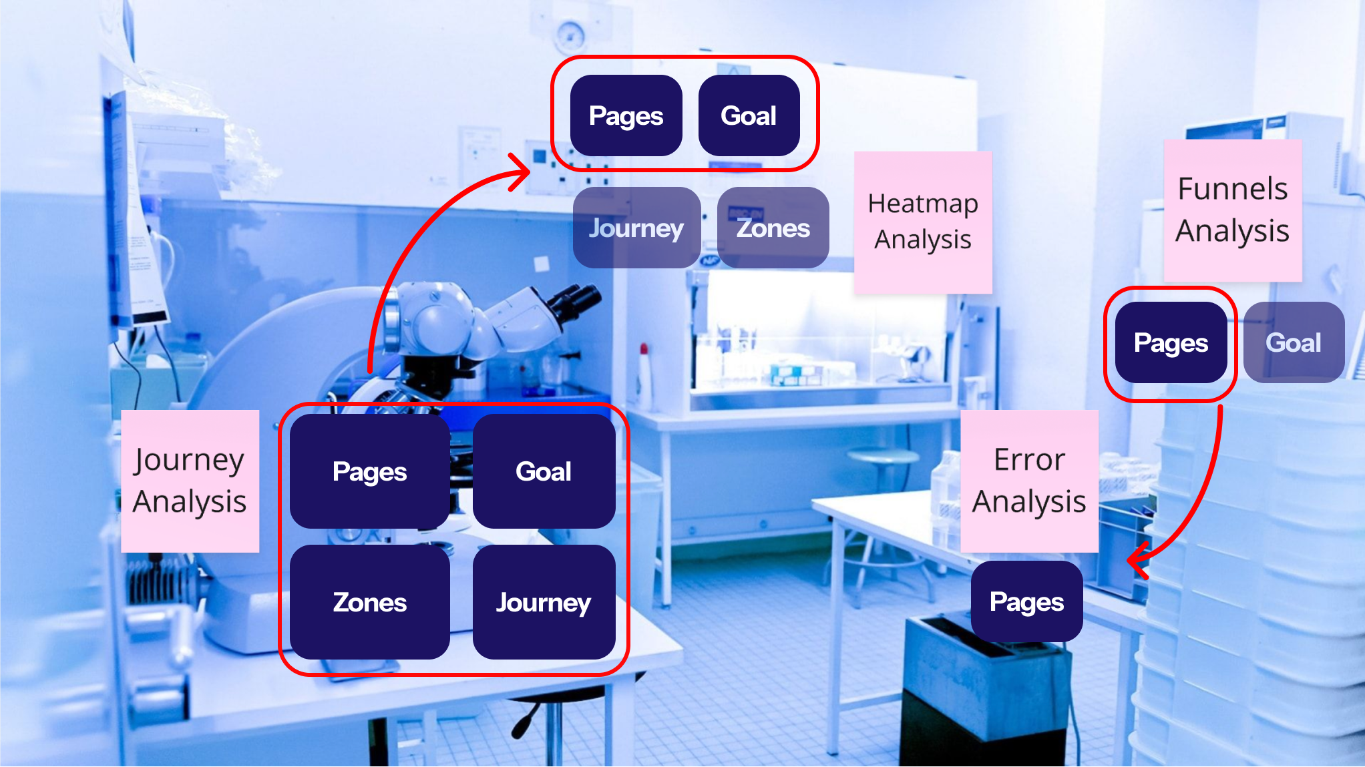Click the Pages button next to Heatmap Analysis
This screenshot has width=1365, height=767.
(x=626, y=115)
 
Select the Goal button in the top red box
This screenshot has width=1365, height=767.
(x=749, y=115)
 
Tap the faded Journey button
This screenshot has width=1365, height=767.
(x=636, y=228)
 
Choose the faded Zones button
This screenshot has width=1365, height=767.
(x=773, y=228)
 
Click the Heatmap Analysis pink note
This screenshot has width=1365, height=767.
(x=923, y=222)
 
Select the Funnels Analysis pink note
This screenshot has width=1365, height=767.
(x=1232, y=210)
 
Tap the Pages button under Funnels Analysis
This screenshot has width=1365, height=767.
(x=1171, y=342)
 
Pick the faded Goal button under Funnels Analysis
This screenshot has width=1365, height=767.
(x=1294, y=342)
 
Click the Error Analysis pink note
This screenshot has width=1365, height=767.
(x=1029, y=481)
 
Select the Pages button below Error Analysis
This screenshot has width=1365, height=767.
(x=1026, y=601)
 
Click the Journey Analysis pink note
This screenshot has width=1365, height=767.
(x=190, y=481)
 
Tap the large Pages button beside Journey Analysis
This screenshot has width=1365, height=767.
(x=369, y=471)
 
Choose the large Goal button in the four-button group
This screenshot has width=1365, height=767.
(x=544, y=471)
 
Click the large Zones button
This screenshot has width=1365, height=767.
(x=369, y=602)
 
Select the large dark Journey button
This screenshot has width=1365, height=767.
(x=544, y=602)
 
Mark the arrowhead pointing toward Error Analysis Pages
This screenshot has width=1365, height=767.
(x=1138, y=560)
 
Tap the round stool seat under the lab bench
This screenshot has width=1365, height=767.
(x=885, y=457)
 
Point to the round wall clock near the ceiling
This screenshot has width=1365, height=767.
(x=570, y=35)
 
